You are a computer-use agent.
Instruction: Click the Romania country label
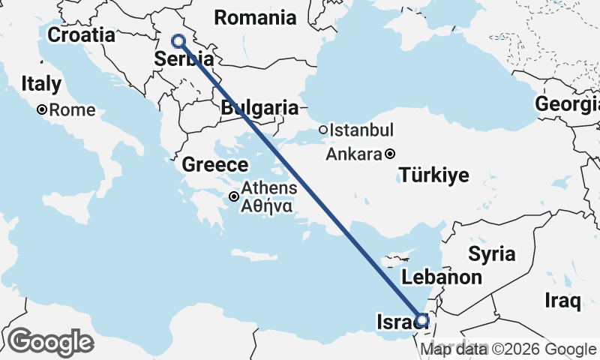[x=255, y=17]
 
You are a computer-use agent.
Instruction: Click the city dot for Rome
[x=43, y=109]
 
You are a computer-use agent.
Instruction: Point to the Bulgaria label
[x=259, y=108]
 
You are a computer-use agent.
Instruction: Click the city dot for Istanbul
[x=323, y=130]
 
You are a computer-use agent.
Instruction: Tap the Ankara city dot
[x=390, y=154]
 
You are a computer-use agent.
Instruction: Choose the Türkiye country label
[x=434, y=176]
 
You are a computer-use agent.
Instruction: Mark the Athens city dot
[x=235, y=196]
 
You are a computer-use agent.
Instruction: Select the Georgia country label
[x=567, y=104]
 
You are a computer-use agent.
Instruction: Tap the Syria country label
[x=492, y=253]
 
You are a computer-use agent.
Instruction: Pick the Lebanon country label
[x=442, y=277]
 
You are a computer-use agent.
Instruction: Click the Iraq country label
[x=563, y=301]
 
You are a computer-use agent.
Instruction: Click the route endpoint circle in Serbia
[x=178, y=41]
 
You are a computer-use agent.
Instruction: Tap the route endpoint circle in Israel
[x=421, y=320]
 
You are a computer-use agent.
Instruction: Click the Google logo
[x=50, y=342]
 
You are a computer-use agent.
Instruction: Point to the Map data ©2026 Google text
[x=508, y=349]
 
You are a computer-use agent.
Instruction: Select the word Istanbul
[x=362, y=130]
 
